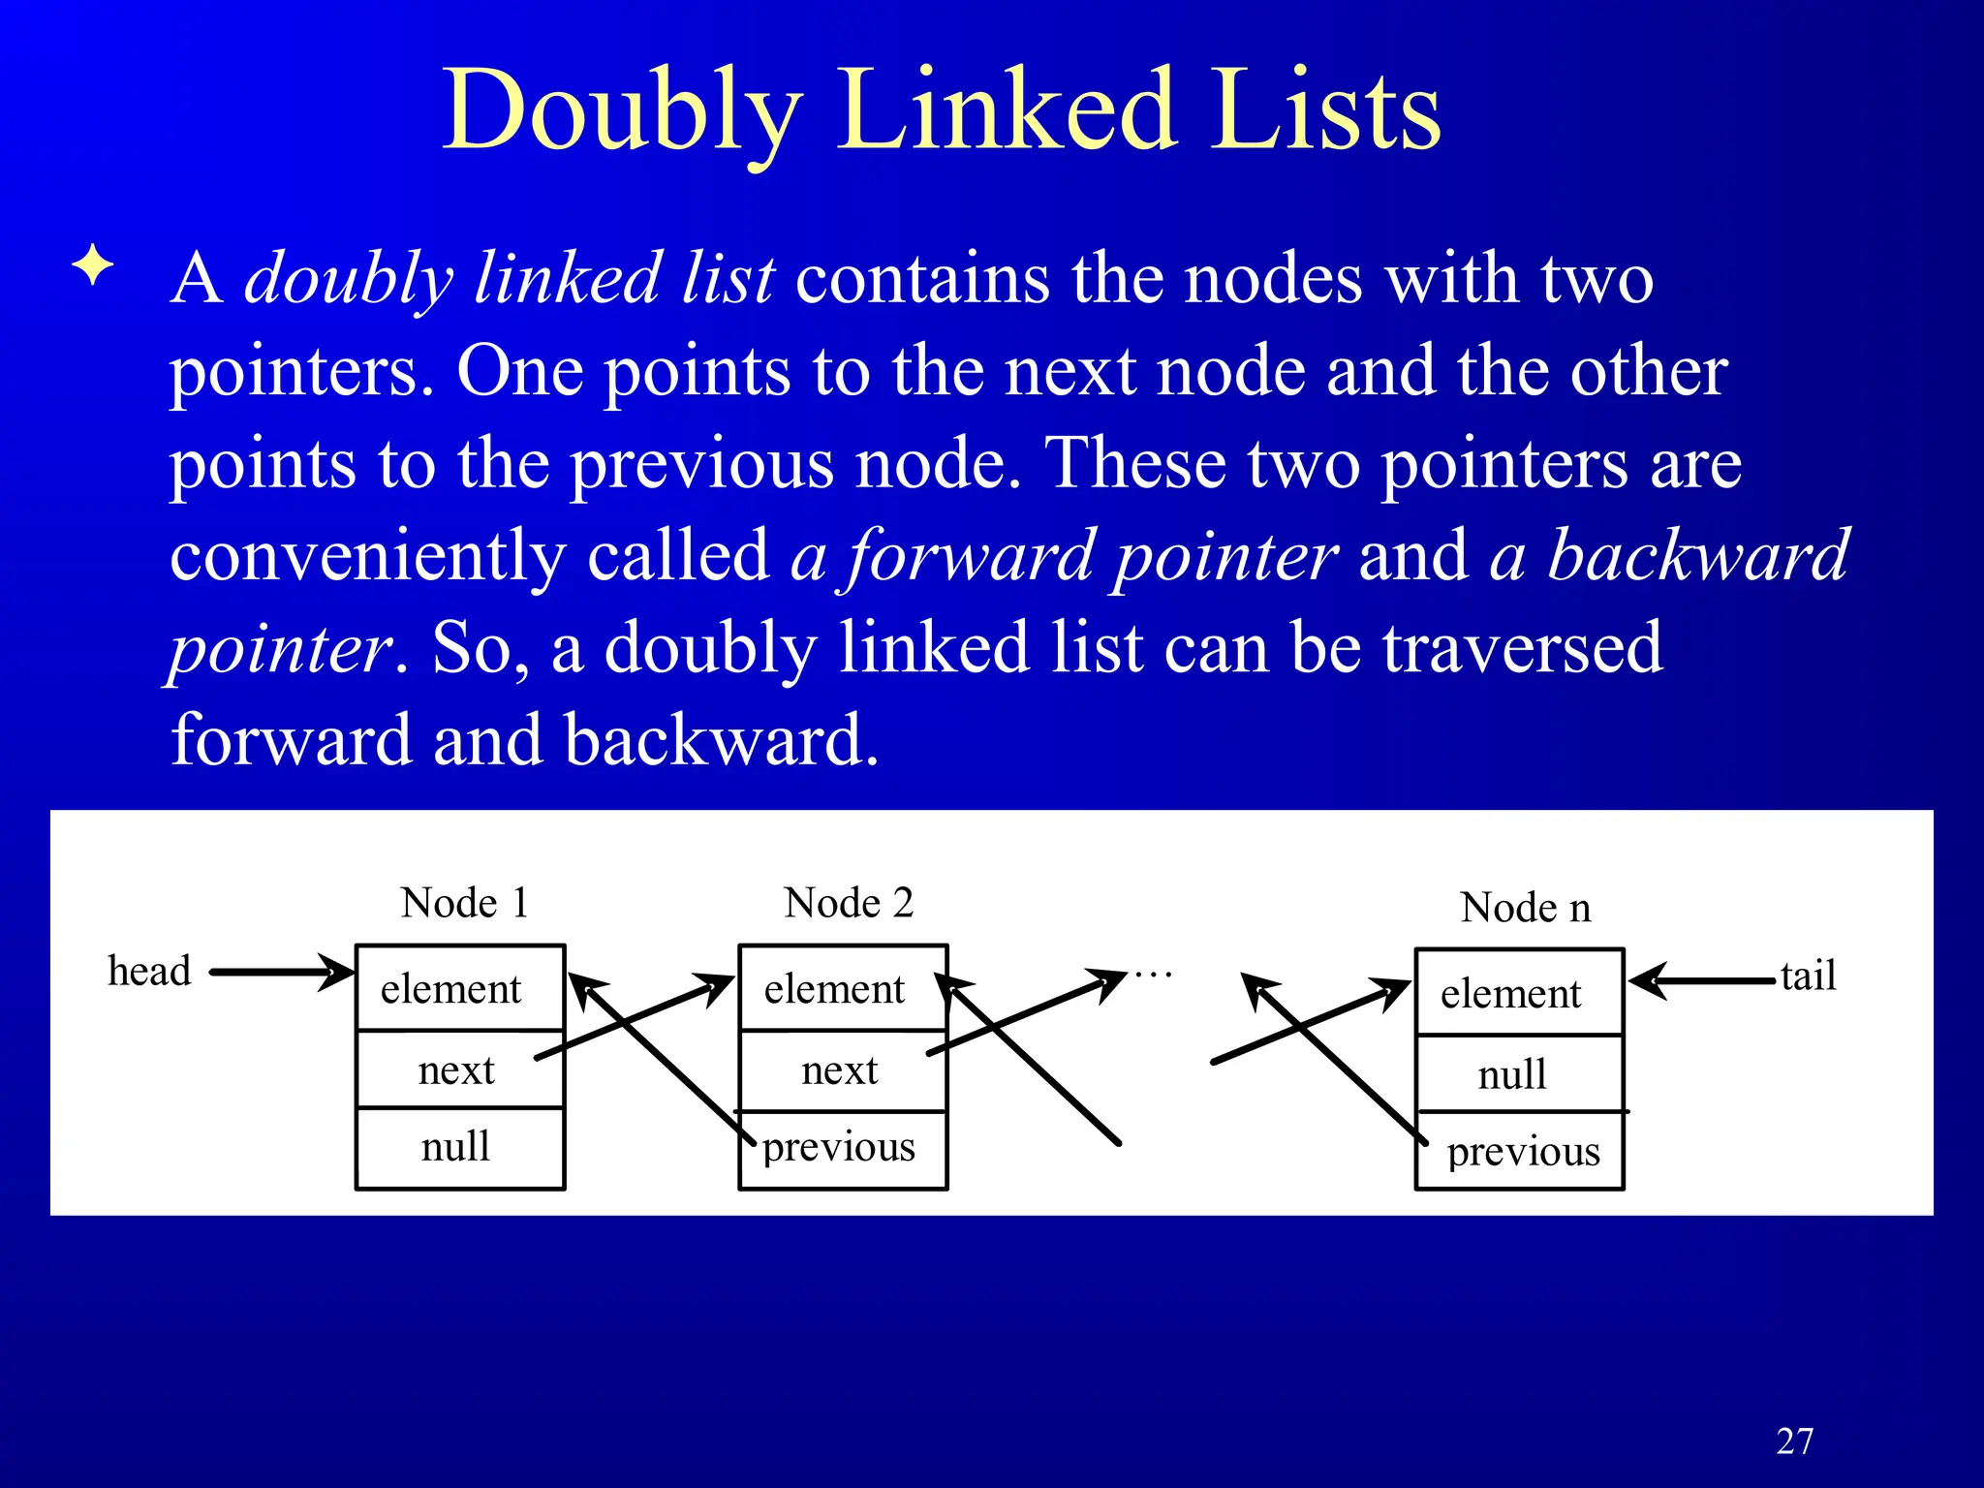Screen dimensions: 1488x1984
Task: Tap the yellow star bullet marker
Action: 93,264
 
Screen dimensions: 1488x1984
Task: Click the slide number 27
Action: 1794,1441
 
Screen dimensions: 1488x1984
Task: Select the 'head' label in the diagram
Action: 149,971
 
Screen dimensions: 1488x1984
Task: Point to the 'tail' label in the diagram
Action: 1808,976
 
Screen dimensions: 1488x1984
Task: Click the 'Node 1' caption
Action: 465,903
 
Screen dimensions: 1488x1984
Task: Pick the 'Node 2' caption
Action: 849,903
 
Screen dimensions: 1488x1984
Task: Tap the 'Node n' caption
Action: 1525,908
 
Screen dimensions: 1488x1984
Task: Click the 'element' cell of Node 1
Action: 451,989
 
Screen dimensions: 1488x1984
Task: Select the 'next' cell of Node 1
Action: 455,1070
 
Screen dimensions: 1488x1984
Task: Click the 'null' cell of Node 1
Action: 455,1147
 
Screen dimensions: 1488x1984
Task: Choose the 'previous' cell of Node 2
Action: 839,1148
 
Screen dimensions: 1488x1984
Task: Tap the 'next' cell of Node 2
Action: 839,1070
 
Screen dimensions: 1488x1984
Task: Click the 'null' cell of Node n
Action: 1512,1074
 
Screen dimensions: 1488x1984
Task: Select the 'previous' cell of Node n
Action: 1523,1152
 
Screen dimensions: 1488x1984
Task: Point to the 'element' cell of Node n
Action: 1510,994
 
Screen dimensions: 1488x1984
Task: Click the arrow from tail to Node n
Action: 1705,980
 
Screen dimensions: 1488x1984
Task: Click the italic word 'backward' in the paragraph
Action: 1698,556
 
